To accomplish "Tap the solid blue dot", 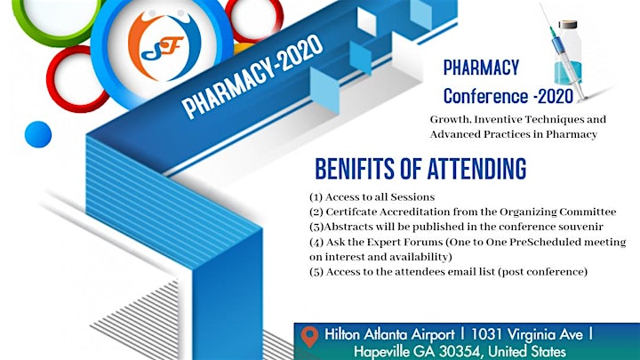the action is click(x=38, y=134).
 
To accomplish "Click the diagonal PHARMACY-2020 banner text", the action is click(x=252, y=76).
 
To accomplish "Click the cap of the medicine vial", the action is click(x=568, y=25).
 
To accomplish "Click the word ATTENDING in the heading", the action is click(x=476, y=169).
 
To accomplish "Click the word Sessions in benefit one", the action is click(x=412, y=197).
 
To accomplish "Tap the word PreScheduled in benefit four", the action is click(x=545, y=242).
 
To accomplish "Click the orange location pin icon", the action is click(x=310, y=337).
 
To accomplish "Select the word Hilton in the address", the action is click(x=342, y=335).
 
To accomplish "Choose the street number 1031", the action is click(x=487, y=335).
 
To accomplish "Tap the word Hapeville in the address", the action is click(x=381, y=352).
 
